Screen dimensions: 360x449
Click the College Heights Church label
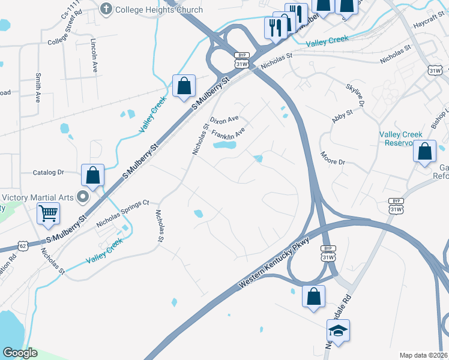[x=158, y=10]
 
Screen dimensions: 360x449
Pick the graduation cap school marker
[x=338, y=330]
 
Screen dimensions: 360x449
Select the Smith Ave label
[x=38, y=88]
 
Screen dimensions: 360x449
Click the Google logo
[x=20, y=353]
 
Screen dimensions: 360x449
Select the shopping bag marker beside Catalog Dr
[x=93, y=175]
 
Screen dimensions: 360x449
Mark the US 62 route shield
[x=23, y=245]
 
